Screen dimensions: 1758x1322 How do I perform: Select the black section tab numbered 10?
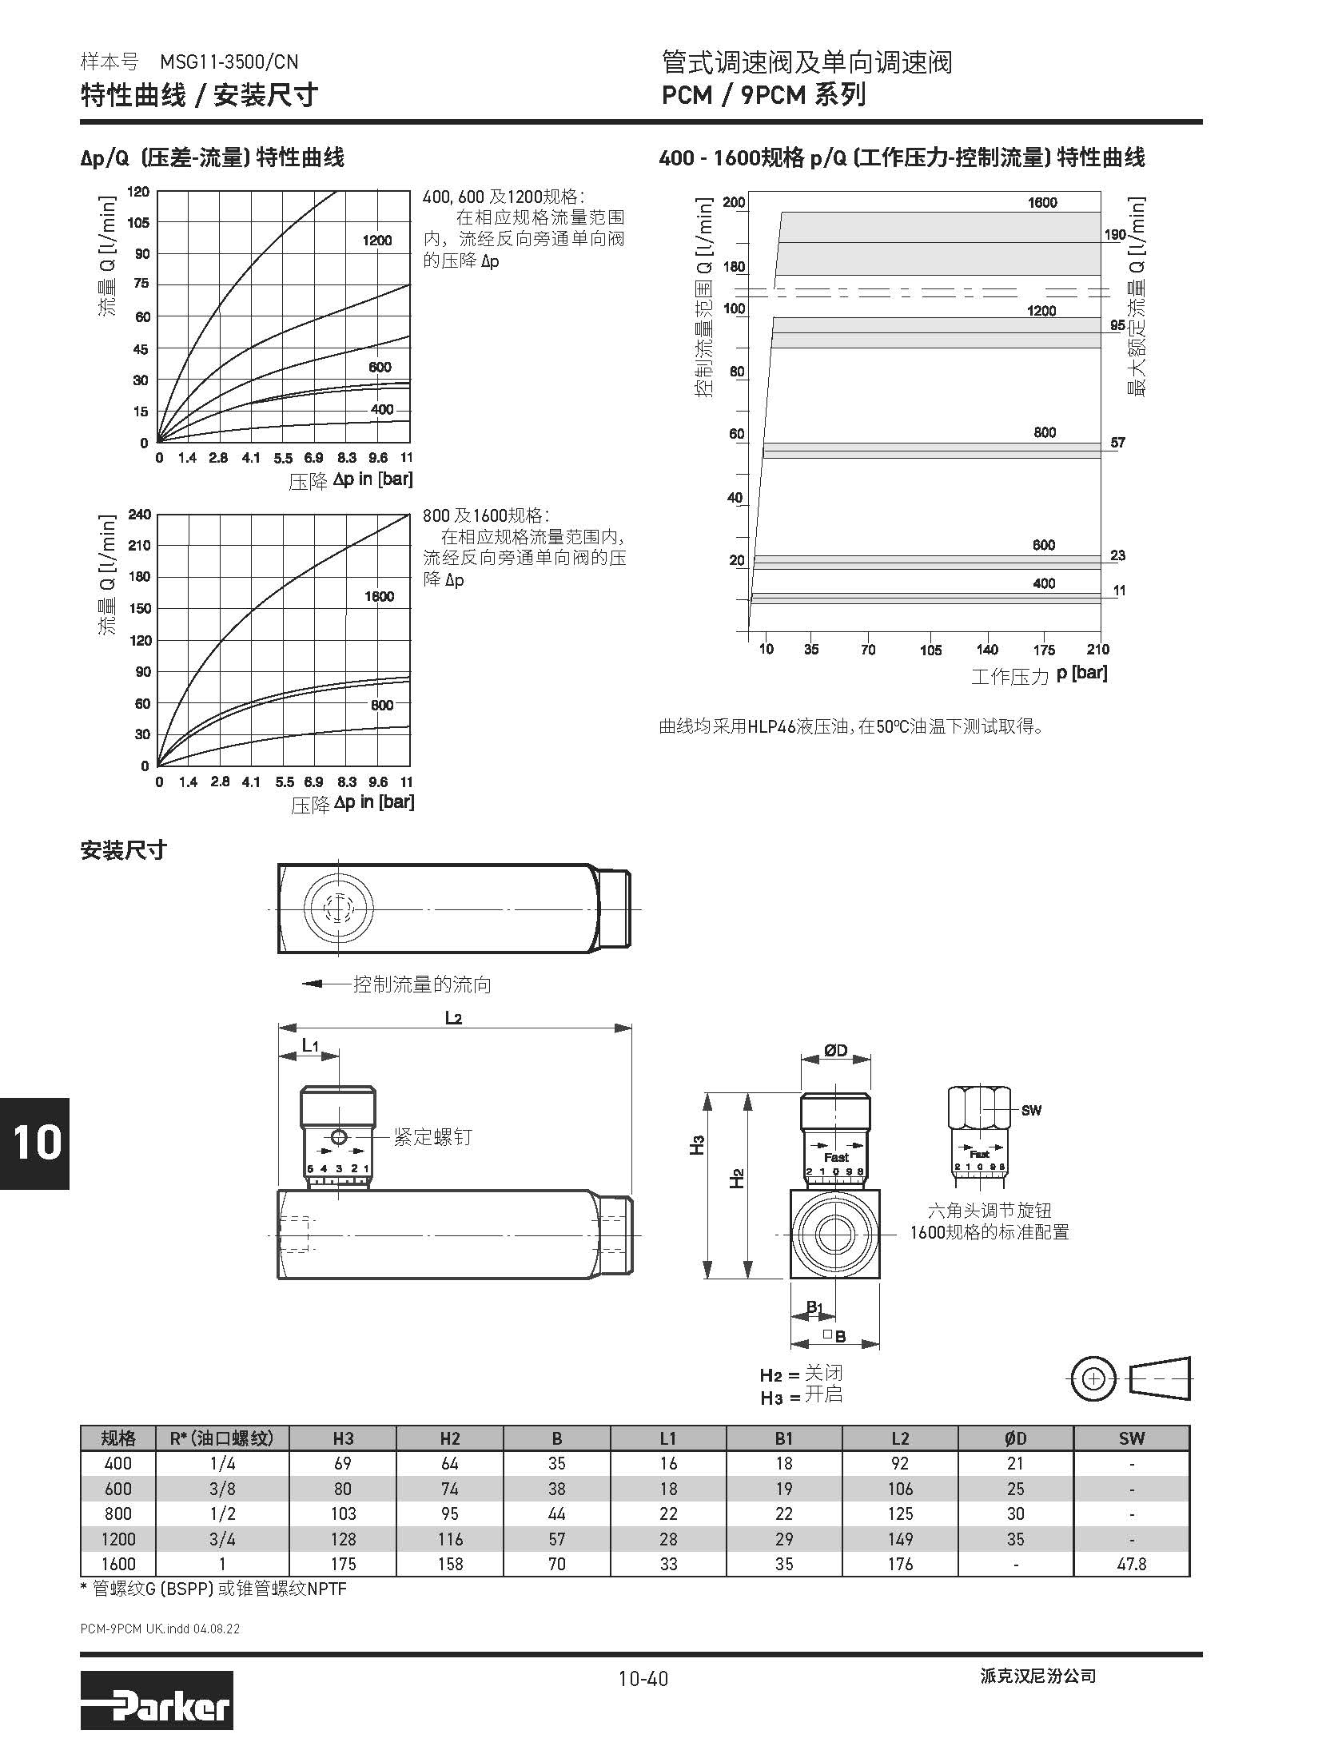point(35,1143)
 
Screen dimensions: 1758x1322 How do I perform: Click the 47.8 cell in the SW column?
point(1131,1564)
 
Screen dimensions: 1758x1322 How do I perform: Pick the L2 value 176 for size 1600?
point(900,1564)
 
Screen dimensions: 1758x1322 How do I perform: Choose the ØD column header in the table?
point(1015,1438)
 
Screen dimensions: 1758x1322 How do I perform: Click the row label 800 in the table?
point(117,1513)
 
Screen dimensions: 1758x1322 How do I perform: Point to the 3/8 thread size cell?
point(221,1489)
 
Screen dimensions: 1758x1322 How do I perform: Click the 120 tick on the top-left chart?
point(138,192)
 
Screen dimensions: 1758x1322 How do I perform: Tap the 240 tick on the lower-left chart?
point(139,515)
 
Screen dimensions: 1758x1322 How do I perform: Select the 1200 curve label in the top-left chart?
point(377,241)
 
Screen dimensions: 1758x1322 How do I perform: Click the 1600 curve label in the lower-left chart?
point(379,596)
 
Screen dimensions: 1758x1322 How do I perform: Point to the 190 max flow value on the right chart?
point(1114,235)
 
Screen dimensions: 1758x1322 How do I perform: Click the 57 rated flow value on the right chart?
point(1117,442)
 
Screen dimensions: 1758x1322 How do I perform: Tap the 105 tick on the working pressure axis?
point(930,650)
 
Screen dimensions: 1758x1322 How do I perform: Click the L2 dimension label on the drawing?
point(453,1018)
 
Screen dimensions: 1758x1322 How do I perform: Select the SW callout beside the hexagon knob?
point(1031,1110)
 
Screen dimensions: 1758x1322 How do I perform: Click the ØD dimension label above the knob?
point(835,1051)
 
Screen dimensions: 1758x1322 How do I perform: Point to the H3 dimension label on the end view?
point(697,1144)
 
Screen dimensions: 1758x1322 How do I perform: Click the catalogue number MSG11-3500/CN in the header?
point(229,62)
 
